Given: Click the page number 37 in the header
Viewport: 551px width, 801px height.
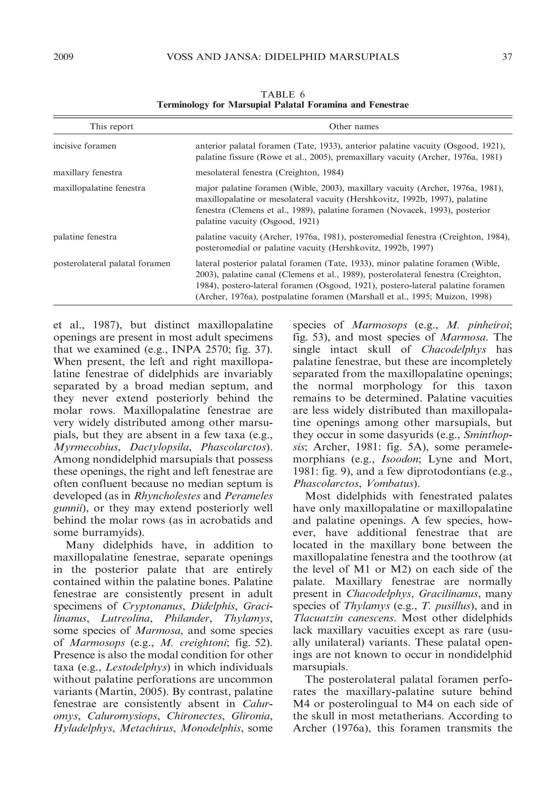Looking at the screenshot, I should pos(507,56).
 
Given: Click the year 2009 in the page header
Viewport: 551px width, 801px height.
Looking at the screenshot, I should pos(63,56).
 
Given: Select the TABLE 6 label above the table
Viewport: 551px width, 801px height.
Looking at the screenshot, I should pos(283,94).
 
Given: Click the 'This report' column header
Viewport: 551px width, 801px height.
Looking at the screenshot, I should pos(111,127).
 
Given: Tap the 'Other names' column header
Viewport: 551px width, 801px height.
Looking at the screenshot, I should pos(354,127).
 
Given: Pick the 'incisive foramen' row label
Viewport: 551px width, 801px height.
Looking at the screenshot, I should pos(84,146).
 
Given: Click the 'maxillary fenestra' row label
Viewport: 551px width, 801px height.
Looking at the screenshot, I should pos(88,172).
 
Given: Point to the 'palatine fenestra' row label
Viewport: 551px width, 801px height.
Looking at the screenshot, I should pos(85,237).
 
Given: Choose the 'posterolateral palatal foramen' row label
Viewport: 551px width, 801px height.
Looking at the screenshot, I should pos(112,264).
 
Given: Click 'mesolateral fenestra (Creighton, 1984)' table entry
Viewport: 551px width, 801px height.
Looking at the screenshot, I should pos(270,172).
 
